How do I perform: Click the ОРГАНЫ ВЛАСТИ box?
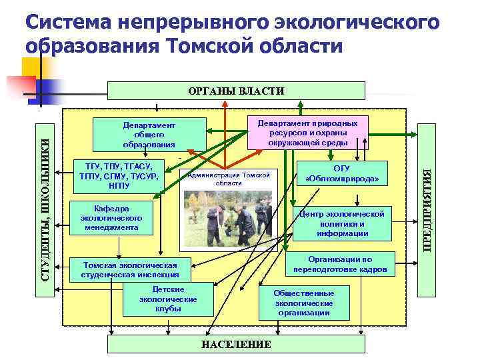[237, 91]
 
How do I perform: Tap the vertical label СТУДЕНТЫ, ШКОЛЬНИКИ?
[45, 199]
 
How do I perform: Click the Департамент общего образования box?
[149, 135]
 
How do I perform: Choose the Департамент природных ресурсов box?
[307, 132]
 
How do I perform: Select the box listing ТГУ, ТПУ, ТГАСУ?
[118, 176]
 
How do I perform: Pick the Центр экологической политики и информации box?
[342, 223]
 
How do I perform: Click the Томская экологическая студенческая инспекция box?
[129, 269]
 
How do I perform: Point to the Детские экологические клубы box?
[168, 299]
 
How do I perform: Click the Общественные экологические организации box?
[304, 303]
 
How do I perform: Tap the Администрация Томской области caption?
[228, 179]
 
